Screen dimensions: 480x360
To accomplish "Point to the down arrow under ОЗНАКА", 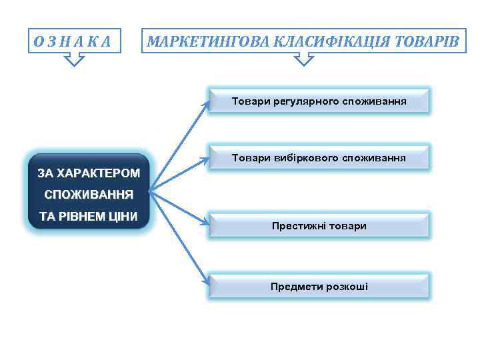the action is click(75, 61).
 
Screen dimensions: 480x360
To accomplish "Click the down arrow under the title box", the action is click(304, 61).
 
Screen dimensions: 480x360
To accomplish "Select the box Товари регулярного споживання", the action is click(319, 101).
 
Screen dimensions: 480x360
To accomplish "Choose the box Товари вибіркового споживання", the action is click(319, 159).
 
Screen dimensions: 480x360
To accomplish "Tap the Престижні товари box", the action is click(319, 226).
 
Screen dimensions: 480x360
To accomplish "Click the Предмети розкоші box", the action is click(319, 287).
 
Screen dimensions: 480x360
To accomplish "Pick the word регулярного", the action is click(304, 101).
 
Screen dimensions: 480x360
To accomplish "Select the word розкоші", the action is click(347, 287).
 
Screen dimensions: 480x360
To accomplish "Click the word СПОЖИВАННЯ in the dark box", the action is click(89, 195).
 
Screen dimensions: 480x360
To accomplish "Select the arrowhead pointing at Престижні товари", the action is click(206, 221).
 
